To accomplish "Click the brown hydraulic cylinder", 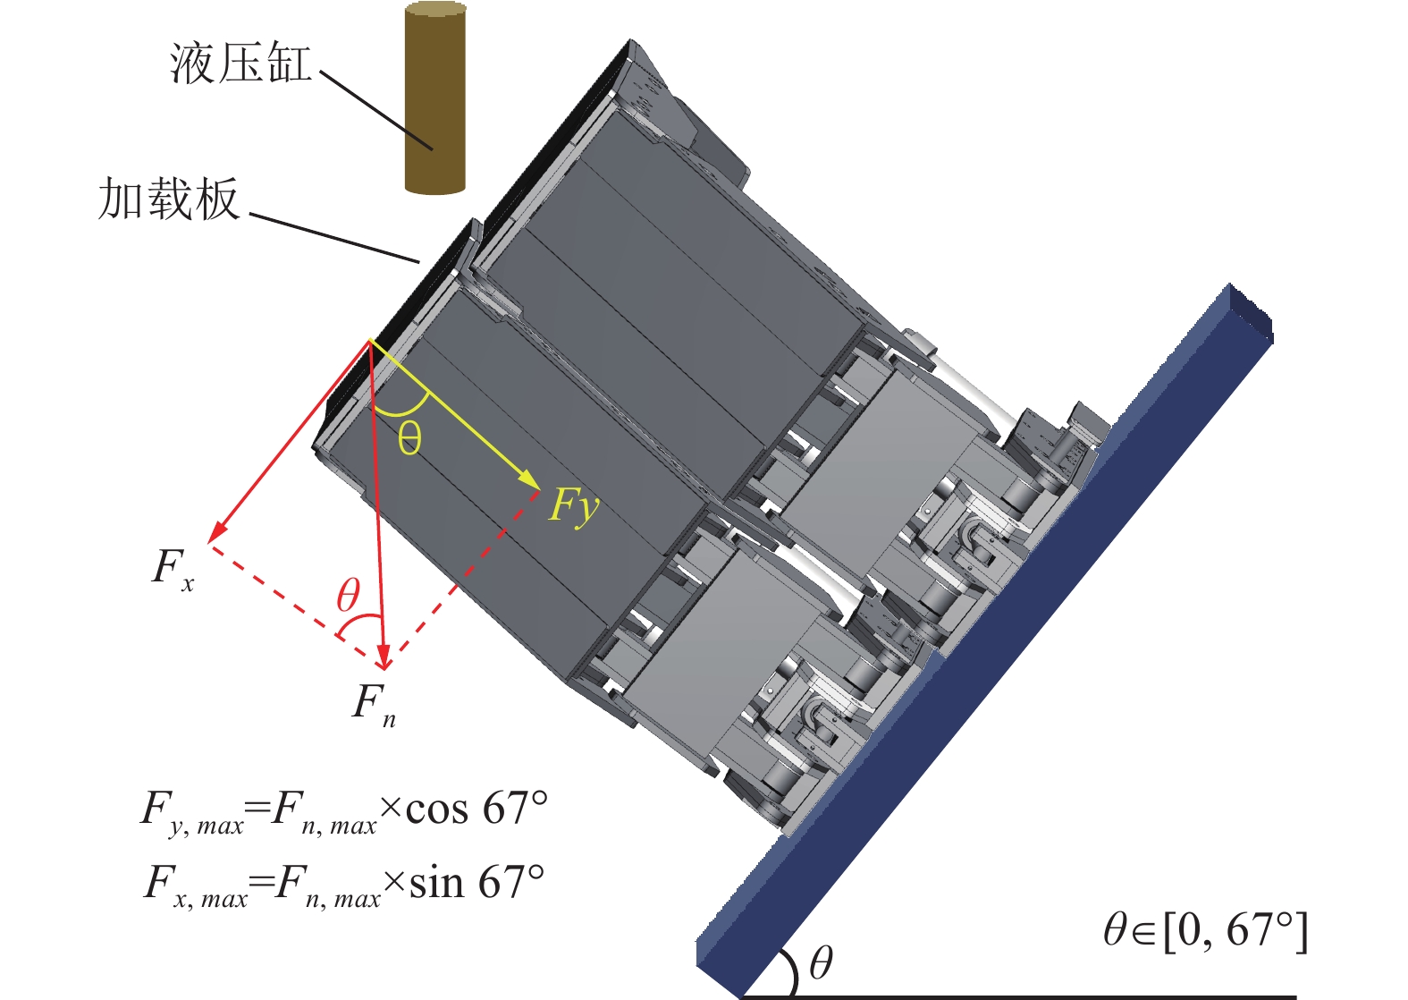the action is (x=435, y=97).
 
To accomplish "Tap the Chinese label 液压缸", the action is (x=240, y=63).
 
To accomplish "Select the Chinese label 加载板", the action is (x=169, y=198).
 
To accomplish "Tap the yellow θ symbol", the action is (x=409, y=438).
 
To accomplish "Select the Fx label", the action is (x=173, y=570).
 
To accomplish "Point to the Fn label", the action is (x=374, y=706).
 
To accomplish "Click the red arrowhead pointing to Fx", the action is (x=217, y=533).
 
